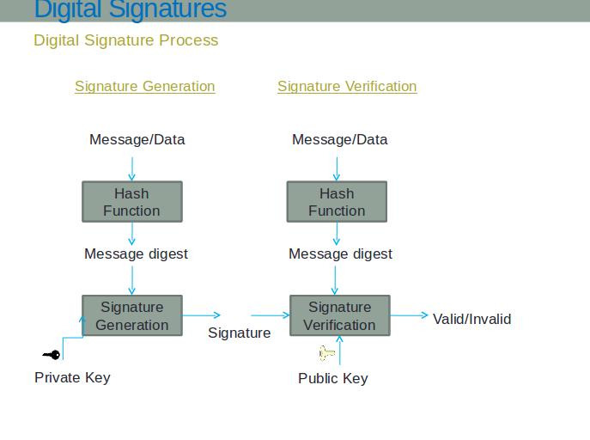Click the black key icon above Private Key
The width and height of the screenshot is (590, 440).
click(x=52, y=355)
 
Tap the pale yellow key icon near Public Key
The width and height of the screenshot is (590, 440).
click(x=326, y=353)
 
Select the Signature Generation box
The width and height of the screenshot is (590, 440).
click(x=132, y=315)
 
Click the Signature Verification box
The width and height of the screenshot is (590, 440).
click(x=340, y=315)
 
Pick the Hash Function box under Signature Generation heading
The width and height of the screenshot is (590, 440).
click(x=132, y=202)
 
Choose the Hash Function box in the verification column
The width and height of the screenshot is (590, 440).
click(x=337, y=202)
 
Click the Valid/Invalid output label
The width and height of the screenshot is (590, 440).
click(x=471, y=319)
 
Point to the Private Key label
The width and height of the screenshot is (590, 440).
click(x=72, y=377)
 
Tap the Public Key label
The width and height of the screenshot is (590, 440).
click(x=333, y=378)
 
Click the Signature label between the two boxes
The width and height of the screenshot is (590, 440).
click(x=240, y=333)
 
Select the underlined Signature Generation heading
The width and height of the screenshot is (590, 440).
click(x=145, y=87)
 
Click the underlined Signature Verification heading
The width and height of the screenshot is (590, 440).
click(x=347, y=87)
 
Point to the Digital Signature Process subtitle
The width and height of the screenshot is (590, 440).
click(x=126, y=40)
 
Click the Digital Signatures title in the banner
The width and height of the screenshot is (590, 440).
click(x=131, y=9)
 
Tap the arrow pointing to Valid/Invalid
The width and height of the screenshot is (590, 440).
click(x=410, y=315)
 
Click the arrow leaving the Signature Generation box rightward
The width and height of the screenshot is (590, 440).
click(x=201, y=315)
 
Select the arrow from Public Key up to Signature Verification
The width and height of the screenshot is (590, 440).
click(x=340, y=350)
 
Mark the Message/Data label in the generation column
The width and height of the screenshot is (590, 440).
click(x=137, y=139)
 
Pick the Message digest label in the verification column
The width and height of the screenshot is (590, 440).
click(x=340, y=254)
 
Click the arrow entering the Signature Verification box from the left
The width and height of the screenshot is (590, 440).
click(x=271, y=315)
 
